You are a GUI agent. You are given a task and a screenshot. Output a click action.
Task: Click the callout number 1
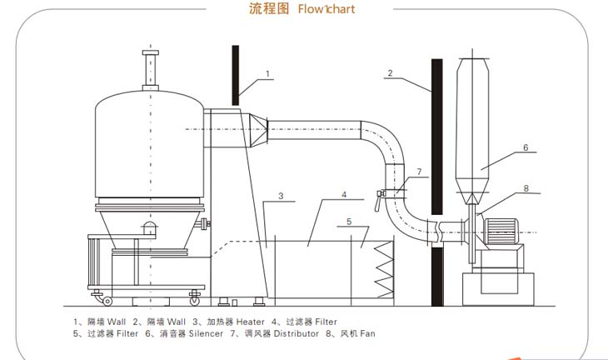tap(267, 73)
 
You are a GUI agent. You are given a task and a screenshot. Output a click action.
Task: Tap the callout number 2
tap(389, 72)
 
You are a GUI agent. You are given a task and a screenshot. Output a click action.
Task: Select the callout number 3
tap(282, 197)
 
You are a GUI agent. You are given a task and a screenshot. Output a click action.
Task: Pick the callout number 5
tap(350, 221)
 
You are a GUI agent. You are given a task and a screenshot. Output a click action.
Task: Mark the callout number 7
tap(419, 172)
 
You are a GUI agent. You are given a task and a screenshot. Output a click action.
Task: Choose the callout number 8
tap(526, 188)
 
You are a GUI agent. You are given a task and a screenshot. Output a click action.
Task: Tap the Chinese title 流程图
tap(267, 10)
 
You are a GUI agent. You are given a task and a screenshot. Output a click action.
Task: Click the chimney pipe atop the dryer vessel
tap(150, 70)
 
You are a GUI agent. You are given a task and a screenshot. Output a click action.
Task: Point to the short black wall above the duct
tap(236, 74)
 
